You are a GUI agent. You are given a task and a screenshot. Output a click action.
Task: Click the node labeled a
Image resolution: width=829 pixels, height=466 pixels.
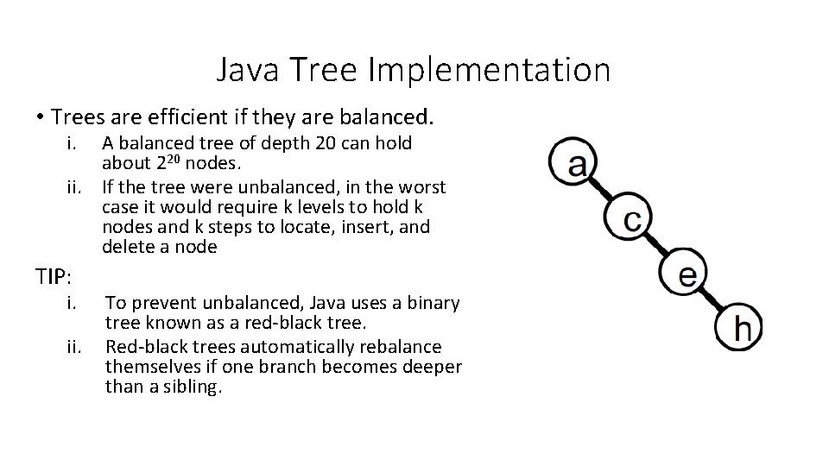[x=573, y=161]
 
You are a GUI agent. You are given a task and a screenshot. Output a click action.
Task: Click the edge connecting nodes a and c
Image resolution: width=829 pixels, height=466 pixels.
[x=603, y=191]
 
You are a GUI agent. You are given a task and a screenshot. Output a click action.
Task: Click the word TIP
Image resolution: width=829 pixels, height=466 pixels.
[x=53, y=277]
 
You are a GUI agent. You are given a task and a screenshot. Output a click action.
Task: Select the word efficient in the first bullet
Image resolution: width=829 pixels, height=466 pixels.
[x=214, y=116]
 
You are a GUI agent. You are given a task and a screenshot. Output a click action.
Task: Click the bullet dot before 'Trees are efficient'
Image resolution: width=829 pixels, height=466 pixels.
[x=40, y=116]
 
